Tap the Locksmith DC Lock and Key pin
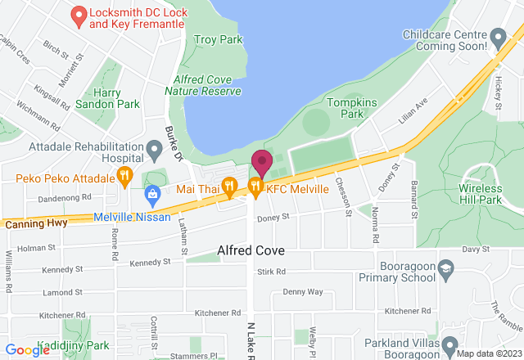point(79,15)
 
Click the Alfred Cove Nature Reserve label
point(208,86)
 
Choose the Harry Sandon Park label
point(106,98)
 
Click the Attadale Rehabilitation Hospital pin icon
point(153,150)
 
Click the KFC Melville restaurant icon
point(255,187)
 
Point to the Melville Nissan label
point(132,217)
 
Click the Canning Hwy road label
point(29,223)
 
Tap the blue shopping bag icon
point(151,194)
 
